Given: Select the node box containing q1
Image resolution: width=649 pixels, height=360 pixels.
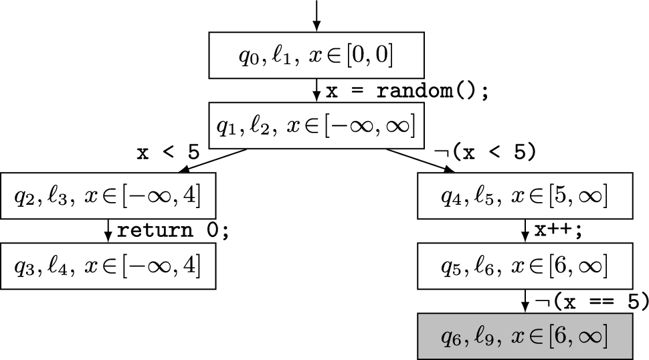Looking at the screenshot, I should click(316, 125).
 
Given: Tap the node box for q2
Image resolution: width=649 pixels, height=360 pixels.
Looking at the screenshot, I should click(108, 195).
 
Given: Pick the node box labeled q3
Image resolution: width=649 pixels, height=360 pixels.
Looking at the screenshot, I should click(108, 266).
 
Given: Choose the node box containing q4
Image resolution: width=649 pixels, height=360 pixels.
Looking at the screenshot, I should click(525, 195).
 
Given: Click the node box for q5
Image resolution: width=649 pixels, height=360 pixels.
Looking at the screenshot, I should click(525, 266).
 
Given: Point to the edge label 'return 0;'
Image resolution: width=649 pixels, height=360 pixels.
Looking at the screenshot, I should click(173, 231).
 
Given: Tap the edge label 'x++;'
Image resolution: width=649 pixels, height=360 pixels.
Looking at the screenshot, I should click(559, 230).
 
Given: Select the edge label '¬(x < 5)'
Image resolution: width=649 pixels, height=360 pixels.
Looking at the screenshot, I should click(485, 153).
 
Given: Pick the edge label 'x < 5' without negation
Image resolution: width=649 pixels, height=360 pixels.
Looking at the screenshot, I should click(168, 153).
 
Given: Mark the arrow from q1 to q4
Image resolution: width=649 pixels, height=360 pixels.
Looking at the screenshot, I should click(422, 160).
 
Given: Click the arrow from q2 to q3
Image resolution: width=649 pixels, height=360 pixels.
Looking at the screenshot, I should click(108, 231).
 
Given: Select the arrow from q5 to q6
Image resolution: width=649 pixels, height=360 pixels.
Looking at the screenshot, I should click(525, 301).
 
